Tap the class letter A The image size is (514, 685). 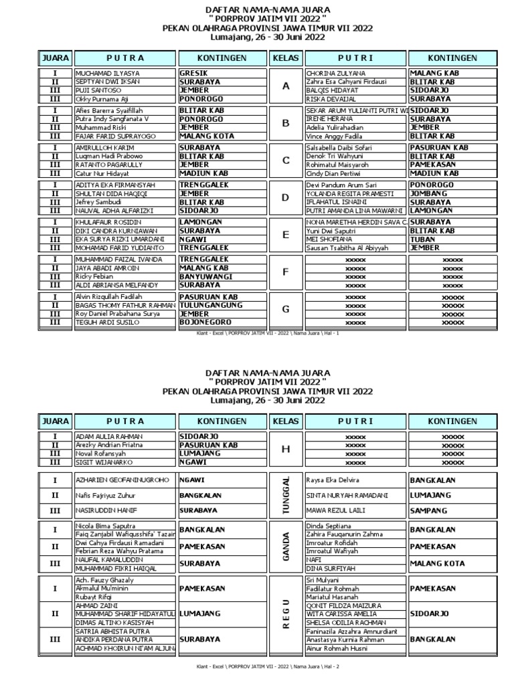[x=286, y=86]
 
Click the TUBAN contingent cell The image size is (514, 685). [x=422, y=239]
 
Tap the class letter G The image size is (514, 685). [x=286, y=310]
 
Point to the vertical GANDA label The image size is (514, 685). [x=286, y=547]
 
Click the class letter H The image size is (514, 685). [x=286, y=449]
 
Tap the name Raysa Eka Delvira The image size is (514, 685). [x=333, y=480]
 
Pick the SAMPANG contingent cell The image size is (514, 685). [x=428, y=510]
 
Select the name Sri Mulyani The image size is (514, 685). [x=323, y=580]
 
